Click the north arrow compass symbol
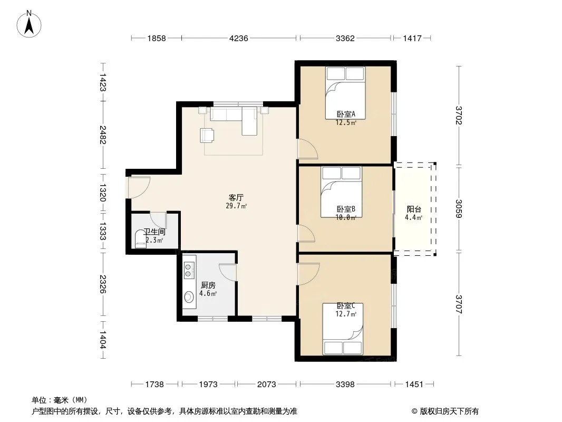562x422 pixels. pyautogui.click(x=29, y=24)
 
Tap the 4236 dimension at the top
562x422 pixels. pyautogui.click(x=239, y=38)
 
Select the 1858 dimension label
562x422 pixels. pyautogui.click(x=157, y=38)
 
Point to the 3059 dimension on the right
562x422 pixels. pyautogui.click(x=459, y=208)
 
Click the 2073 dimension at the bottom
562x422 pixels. pyautogui.click(x=267, y=385)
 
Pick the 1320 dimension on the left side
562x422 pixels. pyautogui.click(x=102, y=193)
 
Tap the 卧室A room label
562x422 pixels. pyautogui.click(x=346, y=114)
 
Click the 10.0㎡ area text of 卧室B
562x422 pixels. pyautogui.click(x=346, y=218)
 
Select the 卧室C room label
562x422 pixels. pyautogui.click(x=346, y=306)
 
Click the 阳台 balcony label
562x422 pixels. pyautogui.click(x=414, y=209)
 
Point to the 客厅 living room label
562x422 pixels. pyautogui.click(x=236, y=198)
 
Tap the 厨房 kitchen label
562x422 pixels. pyautogui.click(x=208, y=285)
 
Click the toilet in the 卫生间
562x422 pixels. pyautogui.click(x=140, y=238)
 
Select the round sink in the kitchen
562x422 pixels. pyautogui.click(x=189, y=297)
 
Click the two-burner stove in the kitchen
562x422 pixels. pyautogui.click(x=189, y=270)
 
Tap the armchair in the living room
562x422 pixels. pyautogui.click(x=207, y=135)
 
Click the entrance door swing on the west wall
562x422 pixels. pyautogui.click(x=138, y=187)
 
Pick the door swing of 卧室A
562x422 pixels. pyautogui.click(x=307, y=148)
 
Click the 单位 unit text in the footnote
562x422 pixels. pyautogui.click(x=40, y=400)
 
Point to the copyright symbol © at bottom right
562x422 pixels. pyautogui.click(x=414, y=411)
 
